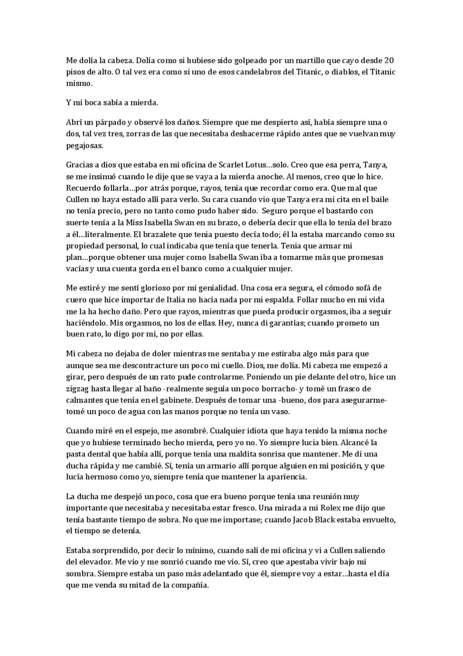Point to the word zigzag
click(77, 388)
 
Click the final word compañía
click(190, 585)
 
